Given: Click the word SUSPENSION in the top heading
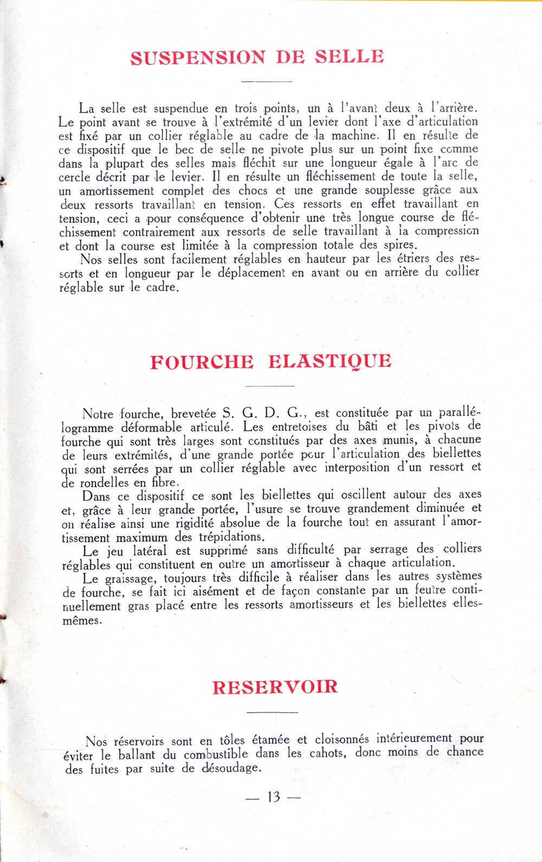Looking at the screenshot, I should pyautogui.click(x=198, y=57).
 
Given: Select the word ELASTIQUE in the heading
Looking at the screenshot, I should pyautogui.click(x=330, y=361).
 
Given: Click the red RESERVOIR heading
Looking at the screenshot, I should pyautogui.click(x=275, y=687).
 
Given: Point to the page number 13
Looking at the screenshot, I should pyautogui.click(x=273, y=797).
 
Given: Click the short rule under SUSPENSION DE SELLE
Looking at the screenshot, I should pyautogui.click(x=266, y=81).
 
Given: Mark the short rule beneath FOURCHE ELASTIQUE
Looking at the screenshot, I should pyautogui.click(x=270, y=386).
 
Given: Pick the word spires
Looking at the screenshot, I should pyautogui.click(x=399, y=245).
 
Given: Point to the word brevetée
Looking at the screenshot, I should pyautogui.click(x=193, y=414).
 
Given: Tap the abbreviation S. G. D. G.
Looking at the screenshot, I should pyautogui.click(x=262, y=413).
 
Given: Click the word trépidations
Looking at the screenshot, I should pyautogui.click(x=232, y=537).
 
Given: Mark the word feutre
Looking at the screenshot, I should pyautogui.click(x=430, y=590).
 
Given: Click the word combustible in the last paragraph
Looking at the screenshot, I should pyautogui.click(x=216, y=755).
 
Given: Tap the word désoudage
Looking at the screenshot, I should pyautogui.click(x=231, y=768).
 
